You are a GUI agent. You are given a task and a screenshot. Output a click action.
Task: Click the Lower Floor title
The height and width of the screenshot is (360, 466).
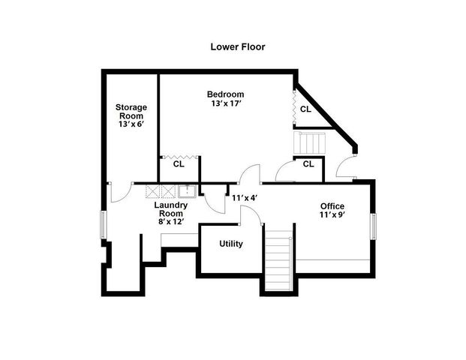(237, 46)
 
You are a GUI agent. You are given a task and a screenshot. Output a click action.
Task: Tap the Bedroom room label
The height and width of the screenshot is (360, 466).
(226, 94)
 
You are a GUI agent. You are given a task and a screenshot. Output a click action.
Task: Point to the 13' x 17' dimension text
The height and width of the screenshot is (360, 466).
(226, 103)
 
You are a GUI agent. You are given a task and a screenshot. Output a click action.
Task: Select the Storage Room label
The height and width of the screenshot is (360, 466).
(131, 112)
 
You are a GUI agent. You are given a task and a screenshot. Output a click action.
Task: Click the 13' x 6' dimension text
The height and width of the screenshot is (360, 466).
(131, 123)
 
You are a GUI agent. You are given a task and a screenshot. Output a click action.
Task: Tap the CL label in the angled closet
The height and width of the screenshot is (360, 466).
(305, 109)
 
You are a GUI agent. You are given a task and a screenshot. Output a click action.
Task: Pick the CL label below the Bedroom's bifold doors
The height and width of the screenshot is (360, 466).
(179, 163)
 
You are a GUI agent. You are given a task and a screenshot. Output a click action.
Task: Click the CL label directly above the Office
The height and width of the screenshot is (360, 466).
(308, 164)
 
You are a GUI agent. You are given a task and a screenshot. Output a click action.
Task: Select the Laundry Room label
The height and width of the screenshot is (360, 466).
(170, 208)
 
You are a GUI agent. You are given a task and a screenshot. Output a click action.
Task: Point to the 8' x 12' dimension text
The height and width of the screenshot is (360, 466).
(170, 222)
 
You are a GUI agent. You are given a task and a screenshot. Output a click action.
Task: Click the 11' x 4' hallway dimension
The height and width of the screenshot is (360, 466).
(245, 198)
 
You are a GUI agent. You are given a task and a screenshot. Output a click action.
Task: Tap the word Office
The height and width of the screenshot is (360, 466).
(332, 206)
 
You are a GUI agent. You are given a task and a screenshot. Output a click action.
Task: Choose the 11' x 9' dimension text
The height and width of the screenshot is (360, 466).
(332, 216)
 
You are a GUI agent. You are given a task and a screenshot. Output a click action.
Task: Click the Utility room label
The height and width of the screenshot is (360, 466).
(230, 244)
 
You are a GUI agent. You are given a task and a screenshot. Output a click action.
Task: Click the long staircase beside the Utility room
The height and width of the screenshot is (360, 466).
(278, 262)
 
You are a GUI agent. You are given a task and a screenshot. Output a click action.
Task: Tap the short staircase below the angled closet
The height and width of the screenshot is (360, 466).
(310, 142)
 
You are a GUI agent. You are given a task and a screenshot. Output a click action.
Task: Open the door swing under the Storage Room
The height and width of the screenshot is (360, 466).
(118, 192)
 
